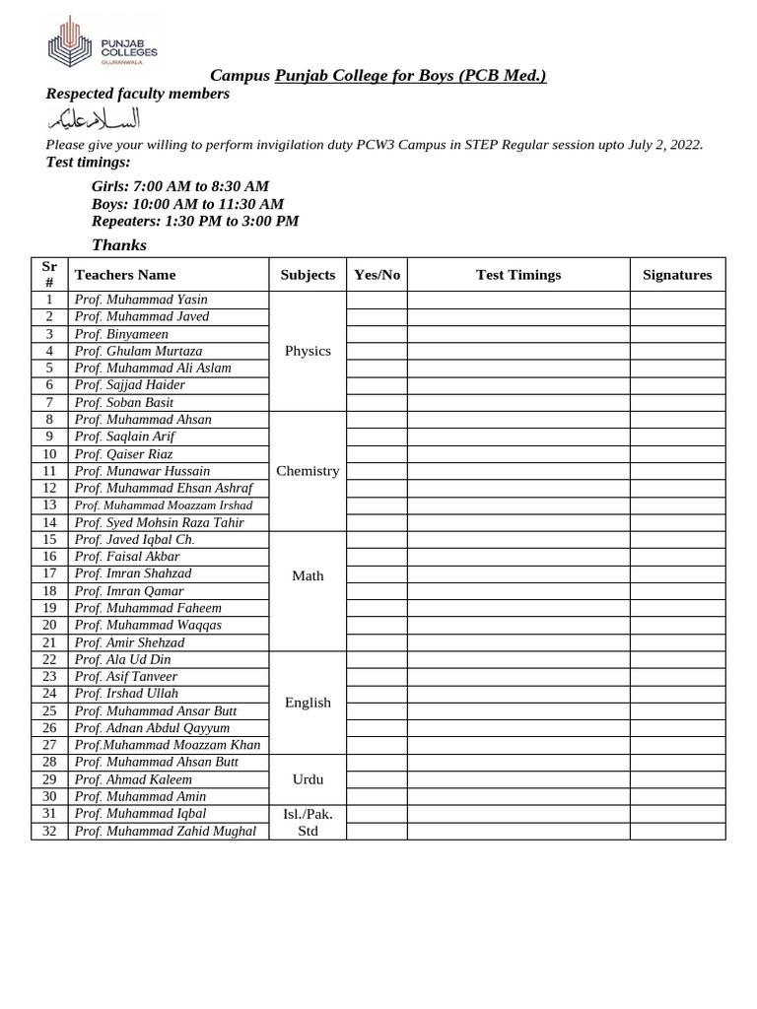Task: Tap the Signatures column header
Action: [677, 275]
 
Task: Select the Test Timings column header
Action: [518, 275]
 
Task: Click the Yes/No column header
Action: [377, 275]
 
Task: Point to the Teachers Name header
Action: [125, 275]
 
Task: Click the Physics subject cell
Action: [308, 351]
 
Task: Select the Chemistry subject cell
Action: [308, 471]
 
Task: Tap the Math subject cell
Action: [308, 575]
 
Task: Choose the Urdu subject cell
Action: [308, 778]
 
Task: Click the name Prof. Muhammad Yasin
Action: [141, 300]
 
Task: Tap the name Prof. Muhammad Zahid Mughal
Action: [165, 831]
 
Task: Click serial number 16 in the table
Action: [50, 557]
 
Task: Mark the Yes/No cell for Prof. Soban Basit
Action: [377, 402]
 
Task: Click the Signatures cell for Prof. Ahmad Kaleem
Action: [677, 779]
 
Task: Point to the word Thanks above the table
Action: [119, 244]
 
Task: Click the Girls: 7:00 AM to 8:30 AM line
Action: [180, 186]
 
